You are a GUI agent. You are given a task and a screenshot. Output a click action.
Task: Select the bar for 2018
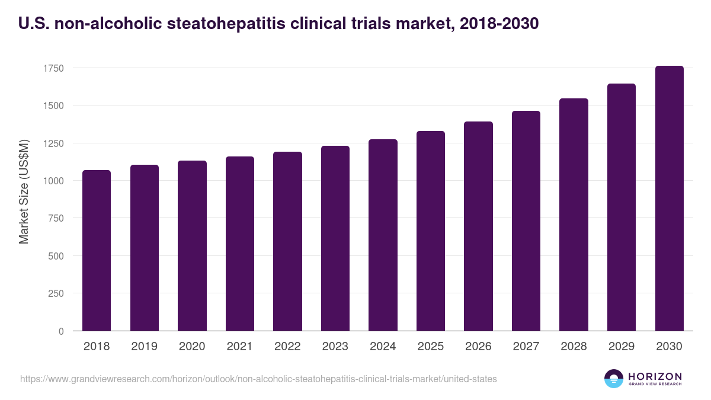(x=97, y=251)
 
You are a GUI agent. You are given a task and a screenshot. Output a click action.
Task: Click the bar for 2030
(x=669, y=199)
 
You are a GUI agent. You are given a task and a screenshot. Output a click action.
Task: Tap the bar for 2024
(x=383, y=235)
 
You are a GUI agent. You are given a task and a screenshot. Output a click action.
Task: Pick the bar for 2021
(x=239, y=244)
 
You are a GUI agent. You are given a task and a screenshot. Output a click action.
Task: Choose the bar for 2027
(x=526, y=221)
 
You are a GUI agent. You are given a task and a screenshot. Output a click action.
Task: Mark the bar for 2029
(x=622, y=207)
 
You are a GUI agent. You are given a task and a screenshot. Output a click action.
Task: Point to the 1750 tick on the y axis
(x=53, y=68)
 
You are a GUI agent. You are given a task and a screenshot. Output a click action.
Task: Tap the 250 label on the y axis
(x=56, y=293)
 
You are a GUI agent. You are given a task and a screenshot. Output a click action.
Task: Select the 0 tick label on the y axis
(x=61, y=331)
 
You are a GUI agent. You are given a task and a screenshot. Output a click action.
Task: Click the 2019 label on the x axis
(x=144, y=347)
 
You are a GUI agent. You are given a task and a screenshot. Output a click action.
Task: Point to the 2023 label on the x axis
(x=335, y=347)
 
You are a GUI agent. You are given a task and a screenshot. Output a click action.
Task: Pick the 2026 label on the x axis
(x=478, y=347)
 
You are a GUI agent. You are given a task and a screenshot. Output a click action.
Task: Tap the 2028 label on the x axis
(x=574, y=347)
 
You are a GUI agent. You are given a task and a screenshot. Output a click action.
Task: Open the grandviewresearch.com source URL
(x=258, y=379)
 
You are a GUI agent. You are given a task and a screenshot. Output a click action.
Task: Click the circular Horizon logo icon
(x=613, y=379)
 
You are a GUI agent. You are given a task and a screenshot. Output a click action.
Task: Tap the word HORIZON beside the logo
(x=655, y=376)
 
